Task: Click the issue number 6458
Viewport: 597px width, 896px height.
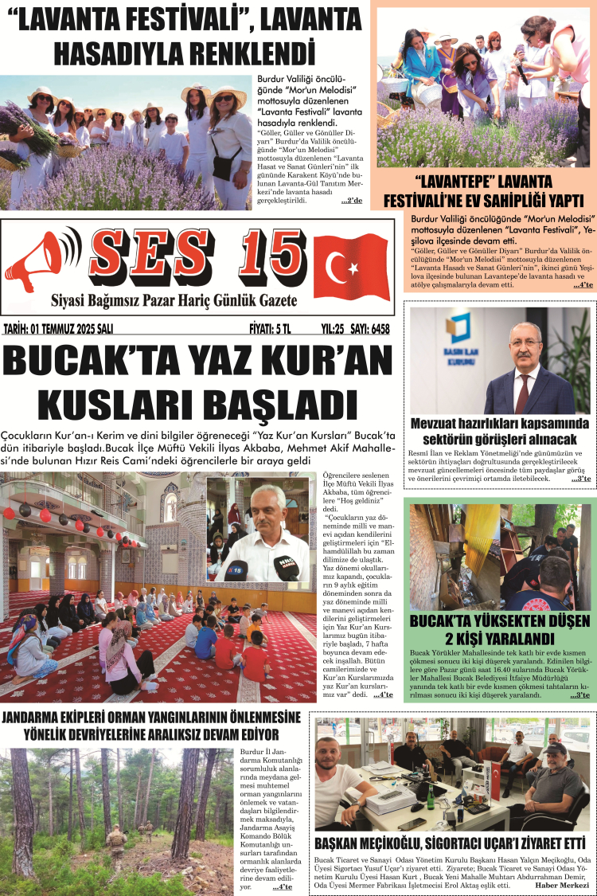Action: (x=373, y=328)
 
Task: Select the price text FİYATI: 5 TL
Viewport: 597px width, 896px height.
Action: (x=270, y=328)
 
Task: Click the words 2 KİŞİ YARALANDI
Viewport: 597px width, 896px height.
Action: (x=499, y=638)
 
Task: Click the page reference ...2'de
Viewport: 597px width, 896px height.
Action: (x=351, y=201)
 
